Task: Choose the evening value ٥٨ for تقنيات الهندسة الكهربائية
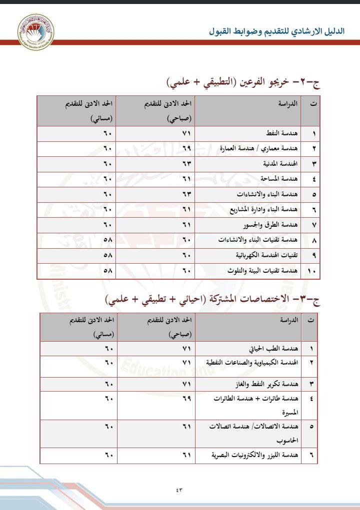click(108, 255)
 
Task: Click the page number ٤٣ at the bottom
click(179, 490)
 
